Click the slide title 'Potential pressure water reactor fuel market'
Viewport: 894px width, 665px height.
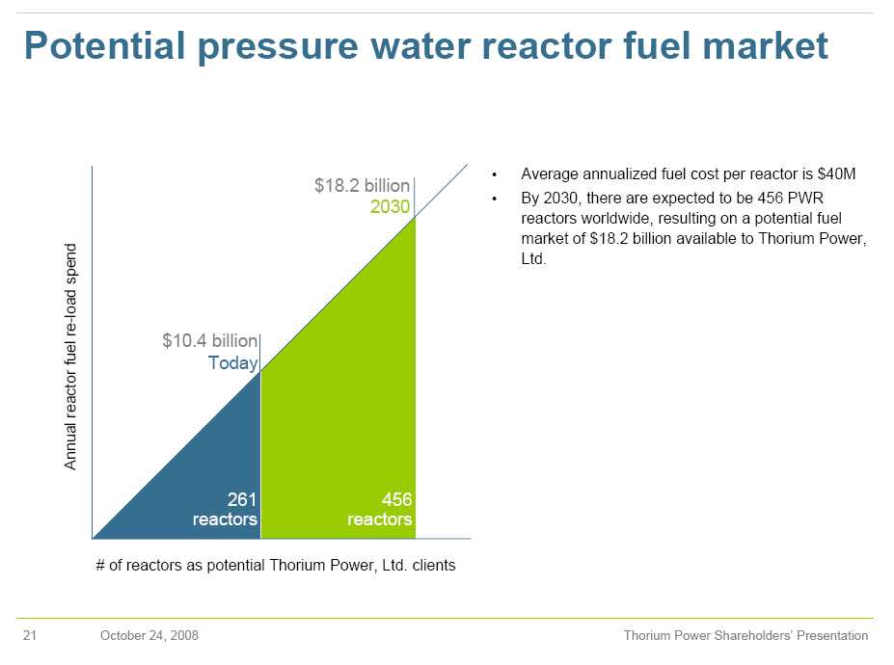tap(425, 46)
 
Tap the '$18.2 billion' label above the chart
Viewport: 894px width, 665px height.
tap(362, 186)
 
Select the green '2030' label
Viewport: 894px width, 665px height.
tap(391, 207)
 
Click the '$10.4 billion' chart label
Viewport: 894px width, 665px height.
tap(209, 341)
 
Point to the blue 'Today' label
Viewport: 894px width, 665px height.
tap(233, 363)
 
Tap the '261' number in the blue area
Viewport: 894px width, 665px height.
tap(241, 499)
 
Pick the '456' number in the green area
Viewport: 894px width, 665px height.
tap(396, 499)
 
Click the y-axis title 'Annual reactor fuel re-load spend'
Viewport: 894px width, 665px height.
tap(70, 357)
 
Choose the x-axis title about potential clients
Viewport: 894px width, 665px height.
tap(276, 566)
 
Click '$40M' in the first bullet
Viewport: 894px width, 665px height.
tap(838, 174)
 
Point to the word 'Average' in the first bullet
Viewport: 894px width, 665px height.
tap(548, 174)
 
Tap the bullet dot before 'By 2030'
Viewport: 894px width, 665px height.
tap(494, 199)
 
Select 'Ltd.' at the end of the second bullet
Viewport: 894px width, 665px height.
tap(533, 260)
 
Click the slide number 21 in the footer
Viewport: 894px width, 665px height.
tap(29, 636)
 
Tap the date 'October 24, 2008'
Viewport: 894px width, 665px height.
tap(149, 636)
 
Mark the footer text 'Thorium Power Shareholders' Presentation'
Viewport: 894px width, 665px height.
tap(745, 636)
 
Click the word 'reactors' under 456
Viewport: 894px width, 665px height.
tap(380, 519)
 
